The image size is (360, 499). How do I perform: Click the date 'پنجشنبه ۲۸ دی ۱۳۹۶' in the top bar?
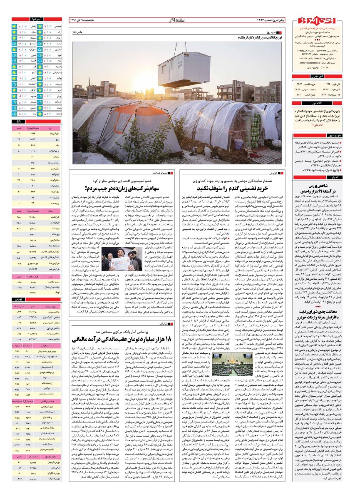point(92,20)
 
